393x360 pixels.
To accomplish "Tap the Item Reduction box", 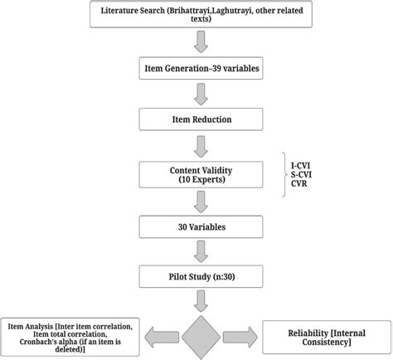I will pos(196,119).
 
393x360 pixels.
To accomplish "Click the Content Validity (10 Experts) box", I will pos(196,174).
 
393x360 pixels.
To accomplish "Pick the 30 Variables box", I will pos(196,226).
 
